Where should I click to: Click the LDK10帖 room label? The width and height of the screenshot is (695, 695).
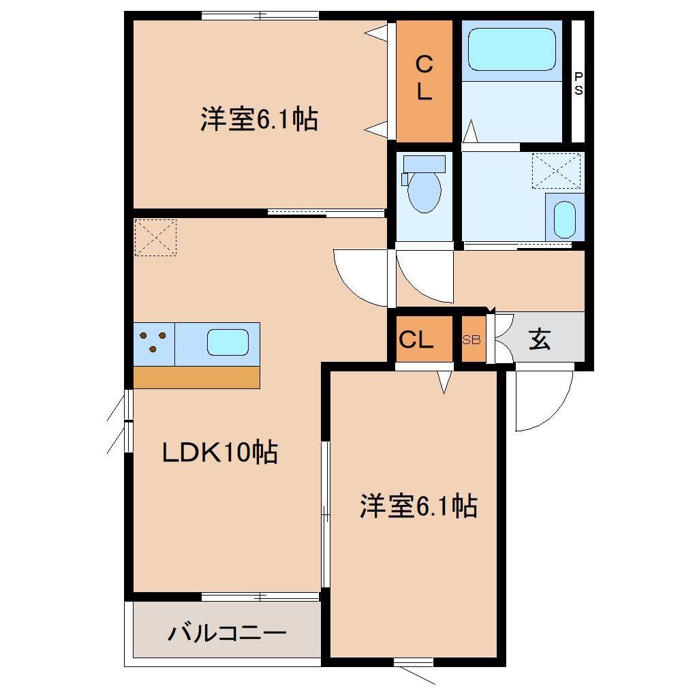click(x=219, y=452)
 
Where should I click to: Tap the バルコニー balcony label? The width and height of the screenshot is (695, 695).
click(x=227, y=634)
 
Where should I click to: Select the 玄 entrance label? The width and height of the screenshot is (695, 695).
click(x=540, y=339)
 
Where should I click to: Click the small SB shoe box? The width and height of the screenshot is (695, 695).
click(x=472, y=339)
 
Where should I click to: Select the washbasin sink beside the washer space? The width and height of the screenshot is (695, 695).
click(x=563, y=218)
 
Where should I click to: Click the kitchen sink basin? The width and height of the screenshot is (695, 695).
click(x=228, y=343)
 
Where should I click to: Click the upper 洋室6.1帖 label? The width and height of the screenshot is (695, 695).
click(x=259, y=120)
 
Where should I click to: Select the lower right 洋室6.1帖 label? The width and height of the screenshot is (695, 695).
click(x=418, y=506)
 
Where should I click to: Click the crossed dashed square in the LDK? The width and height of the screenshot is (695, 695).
click(x=155, y=237)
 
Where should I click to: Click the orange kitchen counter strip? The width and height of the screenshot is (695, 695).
click(x=196, y=377)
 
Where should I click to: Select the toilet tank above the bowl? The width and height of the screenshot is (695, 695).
click(x=424, y=164)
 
